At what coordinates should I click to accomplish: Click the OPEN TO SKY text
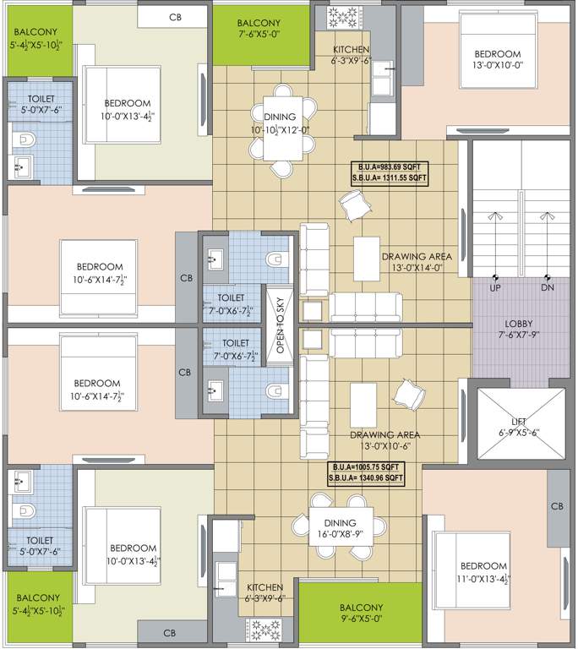pyautogui.click(x=281, y=324)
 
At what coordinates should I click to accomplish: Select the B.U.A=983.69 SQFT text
pyautogui.click(x=390, y=166)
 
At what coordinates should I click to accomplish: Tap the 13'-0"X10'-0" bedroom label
pyautogui.click(x=495, y=63)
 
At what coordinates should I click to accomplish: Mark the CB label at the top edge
pyautogui.click(x=175, y=16)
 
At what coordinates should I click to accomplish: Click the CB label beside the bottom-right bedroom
pyautogui.click(x=556, y=507)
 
